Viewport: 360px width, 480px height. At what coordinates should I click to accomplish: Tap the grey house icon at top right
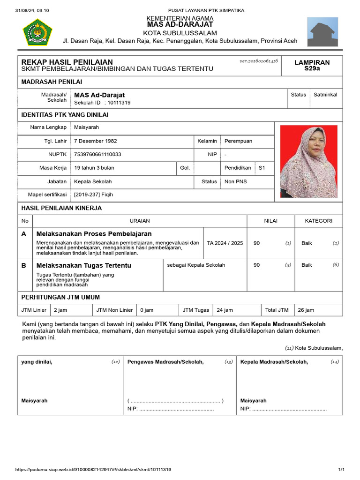[322, 32]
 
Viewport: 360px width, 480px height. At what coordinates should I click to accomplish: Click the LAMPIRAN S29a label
[312, 65]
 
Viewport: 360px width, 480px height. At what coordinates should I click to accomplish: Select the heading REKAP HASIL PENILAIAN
[67, 62]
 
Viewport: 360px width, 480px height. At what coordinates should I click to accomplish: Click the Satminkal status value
[325, 95]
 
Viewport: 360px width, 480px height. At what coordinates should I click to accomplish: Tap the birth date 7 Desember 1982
[96, 141]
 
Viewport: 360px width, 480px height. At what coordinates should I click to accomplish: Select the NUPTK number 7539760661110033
[97, 154]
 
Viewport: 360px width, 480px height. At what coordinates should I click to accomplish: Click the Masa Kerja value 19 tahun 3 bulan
[94, 168]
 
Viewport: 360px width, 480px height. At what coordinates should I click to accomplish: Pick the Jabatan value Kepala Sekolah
[93, 181]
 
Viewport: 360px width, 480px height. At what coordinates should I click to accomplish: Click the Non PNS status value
[236, 181]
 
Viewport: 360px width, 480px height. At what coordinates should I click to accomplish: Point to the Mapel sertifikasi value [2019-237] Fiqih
[94, 195]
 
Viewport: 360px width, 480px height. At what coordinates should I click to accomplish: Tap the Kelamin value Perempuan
[238, 141]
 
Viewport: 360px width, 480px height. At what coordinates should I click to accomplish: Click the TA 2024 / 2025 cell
[225, 243]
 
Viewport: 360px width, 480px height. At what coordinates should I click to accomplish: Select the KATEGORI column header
[319, 221]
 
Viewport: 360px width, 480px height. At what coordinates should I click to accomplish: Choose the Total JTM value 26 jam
[306, 310]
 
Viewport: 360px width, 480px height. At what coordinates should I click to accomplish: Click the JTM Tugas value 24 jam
[225, 310]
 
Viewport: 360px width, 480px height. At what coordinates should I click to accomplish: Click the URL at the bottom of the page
[93, 470]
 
